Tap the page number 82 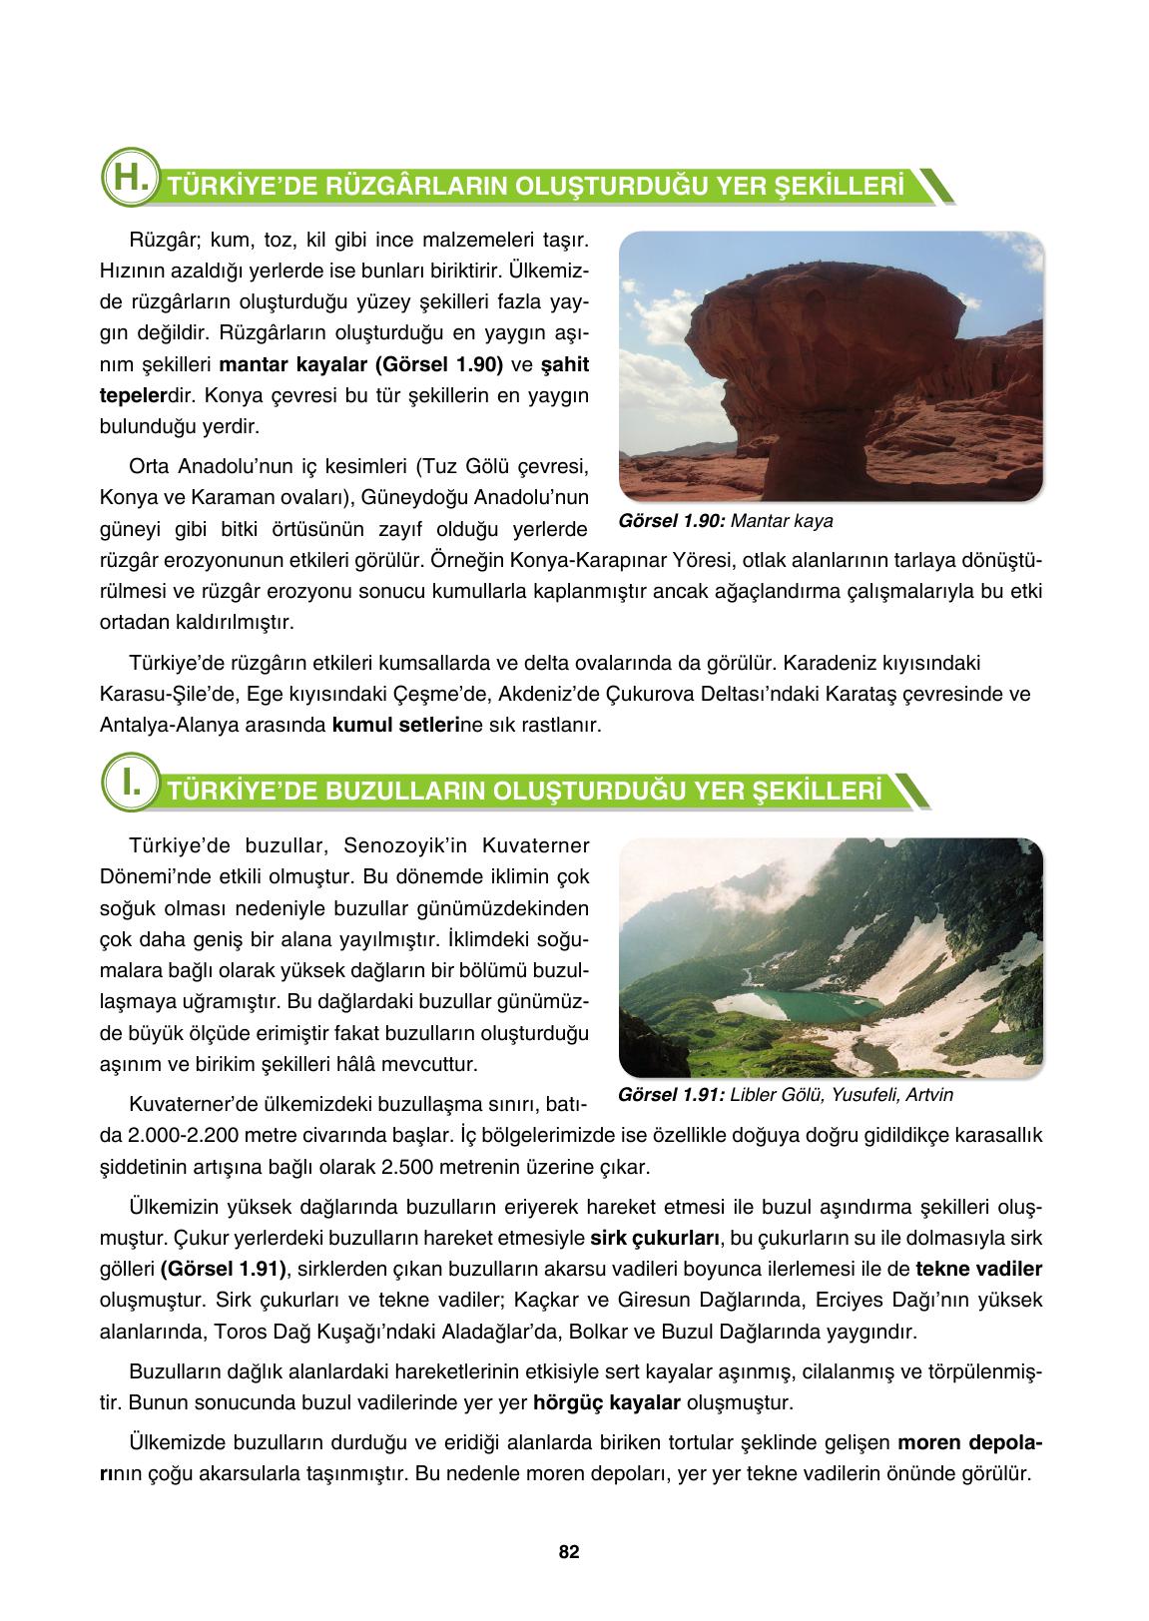tap(569, 1552)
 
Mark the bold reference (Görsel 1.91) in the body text tap(221, 1269)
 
